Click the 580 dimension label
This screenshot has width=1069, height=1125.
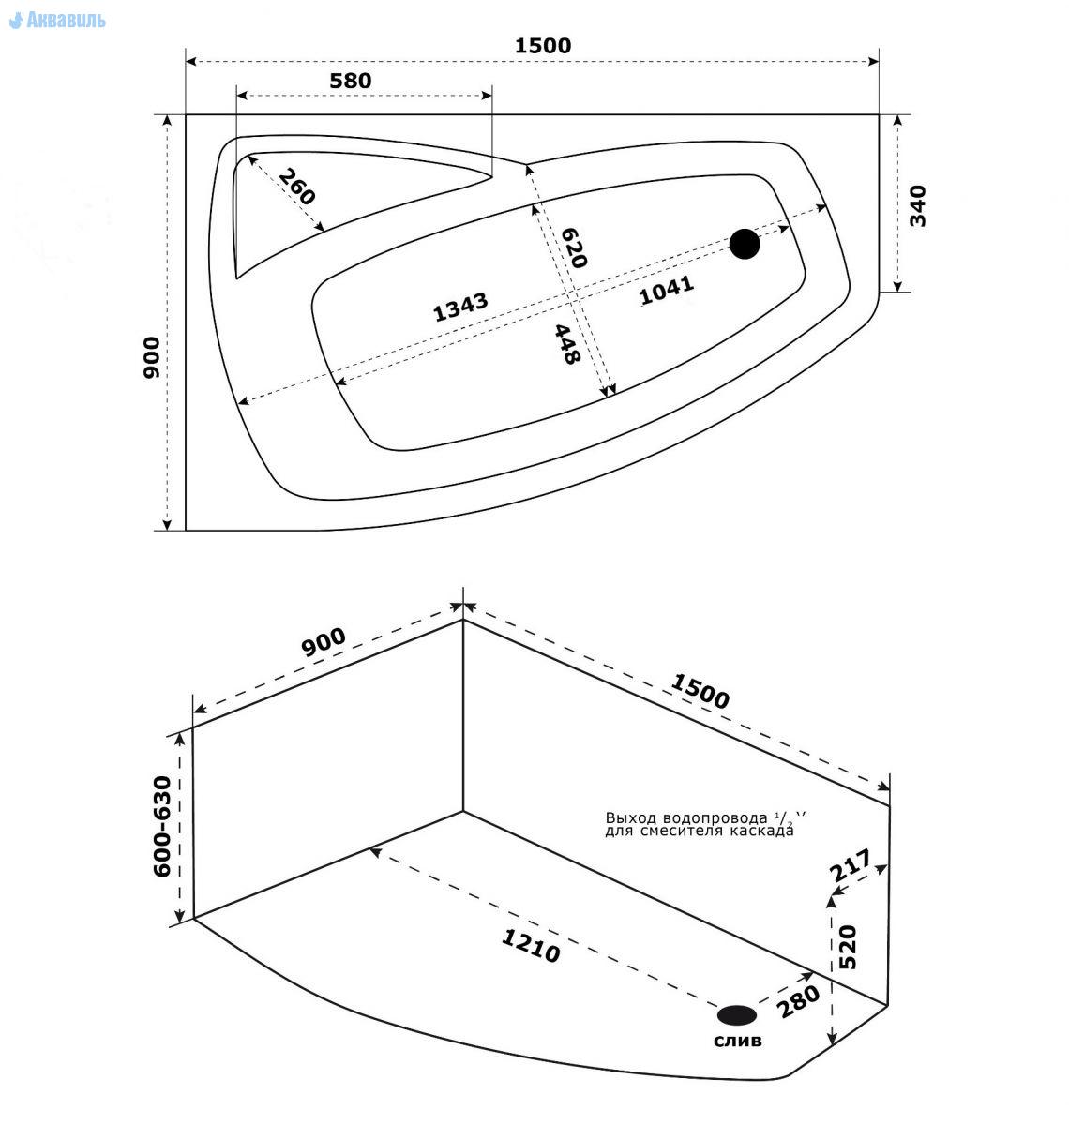point(351,81)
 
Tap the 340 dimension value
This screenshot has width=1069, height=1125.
point(917,206)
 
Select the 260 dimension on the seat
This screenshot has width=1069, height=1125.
point(296,187)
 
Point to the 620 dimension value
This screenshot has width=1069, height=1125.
point(574,247)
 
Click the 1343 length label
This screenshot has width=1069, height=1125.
point(460,307)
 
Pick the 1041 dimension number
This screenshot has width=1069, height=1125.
point(666,290)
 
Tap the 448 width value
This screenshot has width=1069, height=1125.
point(567,344)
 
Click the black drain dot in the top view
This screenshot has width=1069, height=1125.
point(745,244)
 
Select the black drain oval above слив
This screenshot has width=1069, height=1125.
point(737,1014)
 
